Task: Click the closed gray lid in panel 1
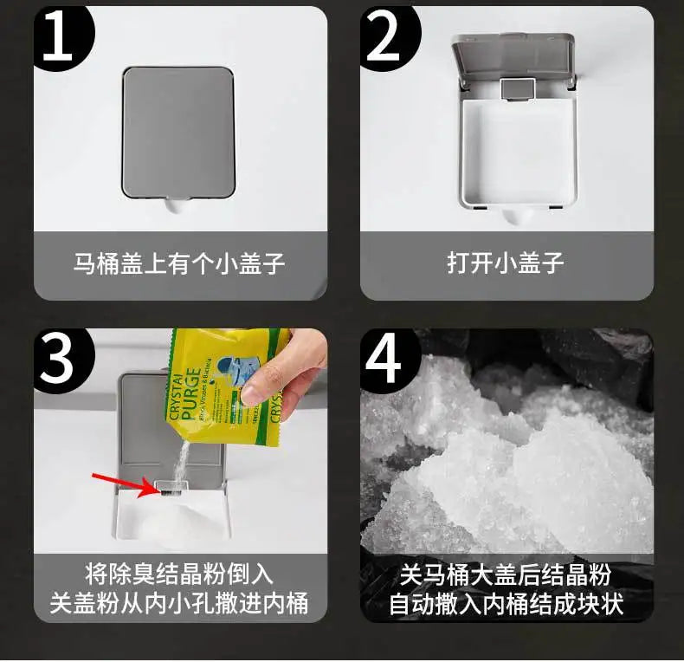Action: point(178,130)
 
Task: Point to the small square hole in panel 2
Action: point(517,87)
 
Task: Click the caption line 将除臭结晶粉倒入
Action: point(179,574)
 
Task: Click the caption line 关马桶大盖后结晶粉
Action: point(506,574)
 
